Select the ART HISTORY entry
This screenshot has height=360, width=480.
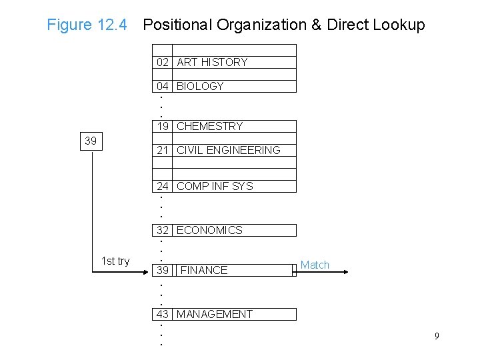[x=212, y=62]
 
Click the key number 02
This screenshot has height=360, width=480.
[x=163, y=62]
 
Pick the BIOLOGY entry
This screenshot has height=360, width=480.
[x=200, y=86]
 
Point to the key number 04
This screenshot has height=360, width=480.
[x=163, y=86]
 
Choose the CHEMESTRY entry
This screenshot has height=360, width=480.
[x=209, y=126]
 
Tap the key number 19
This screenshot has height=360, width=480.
[x=163, y=126]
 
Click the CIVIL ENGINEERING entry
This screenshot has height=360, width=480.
[x=228, y=150]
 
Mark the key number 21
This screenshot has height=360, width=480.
[x=163, y=150]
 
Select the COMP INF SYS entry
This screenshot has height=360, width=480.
[x=215, y=186]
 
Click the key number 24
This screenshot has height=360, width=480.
[x=163, y=186]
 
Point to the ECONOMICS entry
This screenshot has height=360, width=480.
[x=209, y=230]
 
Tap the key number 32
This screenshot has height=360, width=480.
[x=163, y=230]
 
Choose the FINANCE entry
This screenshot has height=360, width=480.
[x=204, y=270]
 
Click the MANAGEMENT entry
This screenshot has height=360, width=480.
[x=214, y=314]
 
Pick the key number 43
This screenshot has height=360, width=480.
[x=163, y=314]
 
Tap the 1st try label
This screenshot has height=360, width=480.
[x=115, y=261]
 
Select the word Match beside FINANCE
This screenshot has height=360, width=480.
[x=315, y=265]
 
